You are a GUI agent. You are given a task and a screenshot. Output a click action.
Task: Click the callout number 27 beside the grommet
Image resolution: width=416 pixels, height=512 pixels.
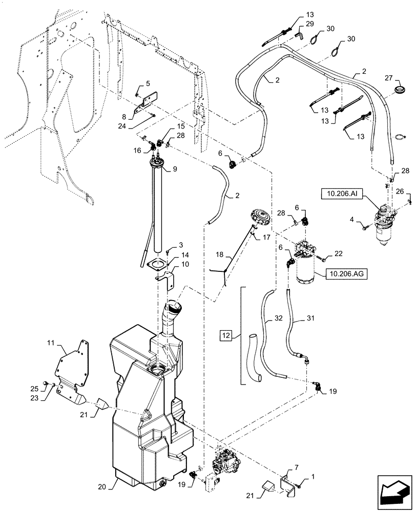[x=388, y=78]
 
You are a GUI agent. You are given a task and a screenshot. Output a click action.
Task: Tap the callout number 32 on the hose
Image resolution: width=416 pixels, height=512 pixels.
[x=277, y=318]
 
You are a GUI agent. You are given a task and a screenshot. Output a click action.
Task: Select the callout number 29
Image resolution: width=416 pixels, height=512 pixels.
[x=309, y=25]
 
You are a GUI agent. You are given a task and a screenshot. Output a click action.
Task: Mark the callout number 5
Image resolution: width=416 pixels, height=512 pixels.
[x=148, y=83]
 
